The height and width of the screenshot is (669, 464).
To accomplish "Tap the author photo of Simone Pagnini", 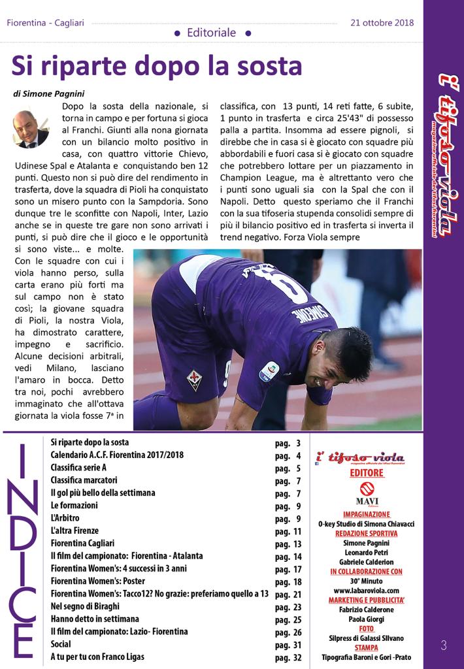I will point(30,129).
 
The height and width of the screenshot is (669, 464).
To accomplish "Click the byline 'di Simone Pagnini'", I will point(49,94).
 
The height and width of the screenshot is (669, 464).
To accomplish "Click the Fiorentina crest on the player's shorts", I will point(193,379).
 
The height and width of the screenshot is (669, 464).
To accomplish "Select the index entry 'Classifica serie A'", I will point(78,468).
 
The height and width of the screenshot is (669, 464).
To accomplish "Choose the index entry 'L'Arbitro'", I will point(67,518).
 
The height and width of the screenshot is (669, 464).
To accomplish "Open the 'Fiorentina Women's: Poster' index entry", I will point(105,581).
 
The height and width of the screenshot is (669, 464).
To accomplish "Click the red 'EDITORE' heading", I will point(366,472).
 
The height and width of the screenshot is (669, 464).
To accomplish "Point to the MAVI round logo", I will point(366,489).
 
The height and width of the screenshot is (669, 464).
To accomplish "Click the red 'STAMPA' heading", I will point(366,647).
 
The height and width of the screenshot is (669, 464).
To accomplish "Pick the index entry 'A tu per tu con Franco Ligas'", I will point(97,657).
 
